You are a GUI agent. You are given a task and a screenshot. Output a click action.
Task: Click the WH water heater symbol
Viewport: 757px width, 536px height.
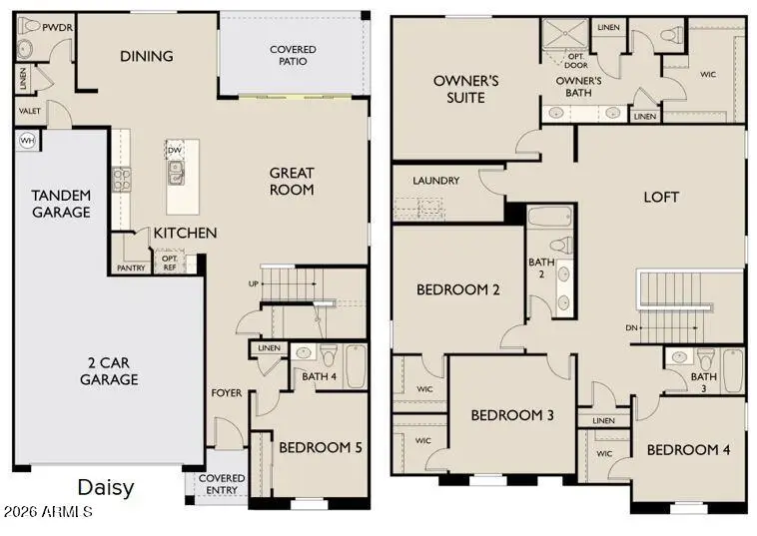click(x=26, y=140)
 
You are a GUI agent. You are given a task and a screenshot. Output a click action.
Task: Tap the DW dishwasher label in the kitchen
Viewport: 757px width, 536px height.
click(x=175, y=151)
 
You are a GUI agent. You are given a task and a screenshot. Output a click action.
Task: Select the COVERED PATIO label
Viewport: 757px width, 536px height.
click(x=294, y=56)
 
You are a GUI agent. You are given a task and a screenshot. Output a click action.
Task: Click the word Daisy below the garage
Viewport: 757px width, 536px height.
click(x=105, y=488)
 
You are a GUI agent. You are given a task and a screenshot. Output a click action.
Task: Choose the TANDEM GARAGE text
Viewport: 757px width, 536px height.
click(x=61, y=204)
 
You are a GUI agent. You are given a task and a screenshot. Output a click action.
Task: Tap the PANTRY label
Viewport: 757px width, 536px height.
click(x=131, y=268)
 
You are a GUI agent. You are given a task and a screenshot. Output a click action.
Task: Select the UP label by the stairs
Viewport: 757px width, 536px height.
click(x=254, y=284)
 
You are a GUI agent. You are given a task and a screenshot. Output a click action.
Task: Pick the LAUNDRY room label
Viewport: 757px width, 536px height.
click(x=435, y=181)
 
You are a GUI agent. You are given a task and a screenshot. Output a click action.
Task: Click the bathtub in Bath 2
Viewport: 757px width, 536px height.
click(x=551, y=217)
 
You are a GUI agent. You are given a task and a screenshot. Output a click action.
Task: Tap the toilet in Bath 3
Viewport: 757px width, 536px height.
click(x=706, y=359)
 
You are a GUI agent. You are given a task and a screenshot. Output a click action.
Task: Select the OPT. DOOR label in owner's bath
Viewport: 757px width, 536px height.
click(x=576, y=59)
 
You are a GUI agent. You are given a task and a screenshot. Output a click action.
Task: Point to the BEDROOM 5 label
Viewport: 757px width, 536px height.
click(x=321, y=447)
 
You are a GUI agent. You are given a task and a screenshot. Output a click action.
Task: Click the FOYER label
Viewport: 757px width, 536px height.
click(x=226, y=392)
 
